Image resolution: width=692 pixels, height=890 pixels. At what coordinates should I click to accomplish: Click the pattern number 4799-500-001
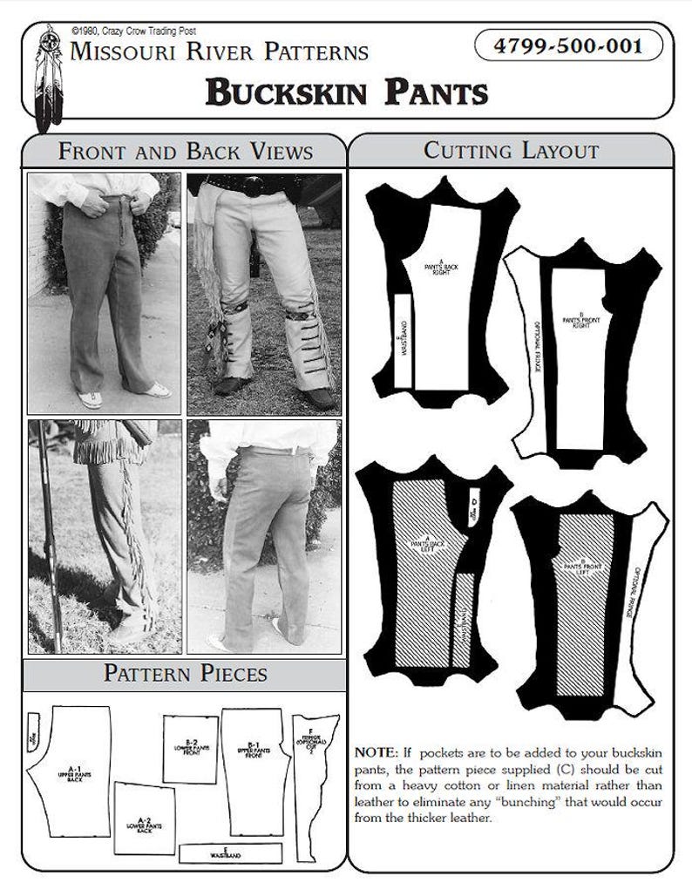567,45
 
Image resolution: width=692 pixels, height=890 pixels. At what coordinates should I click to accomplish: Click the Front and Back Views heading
185,151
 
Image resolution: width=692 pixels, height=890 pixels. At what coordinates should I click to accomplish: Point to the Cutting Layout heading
511,150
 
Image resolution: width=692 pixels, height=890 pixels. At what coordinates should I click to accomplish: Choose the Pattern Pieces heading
185,673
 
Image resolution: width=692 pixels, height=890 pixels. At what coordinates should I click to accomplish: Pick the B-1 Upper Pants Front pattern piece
254,754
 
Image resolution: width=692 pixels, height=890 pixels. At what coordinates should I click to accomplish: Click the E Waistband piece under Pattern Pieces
230,853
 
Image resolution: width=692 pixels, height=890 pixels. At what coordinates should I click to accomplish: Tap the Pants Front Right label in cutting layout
575,323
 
